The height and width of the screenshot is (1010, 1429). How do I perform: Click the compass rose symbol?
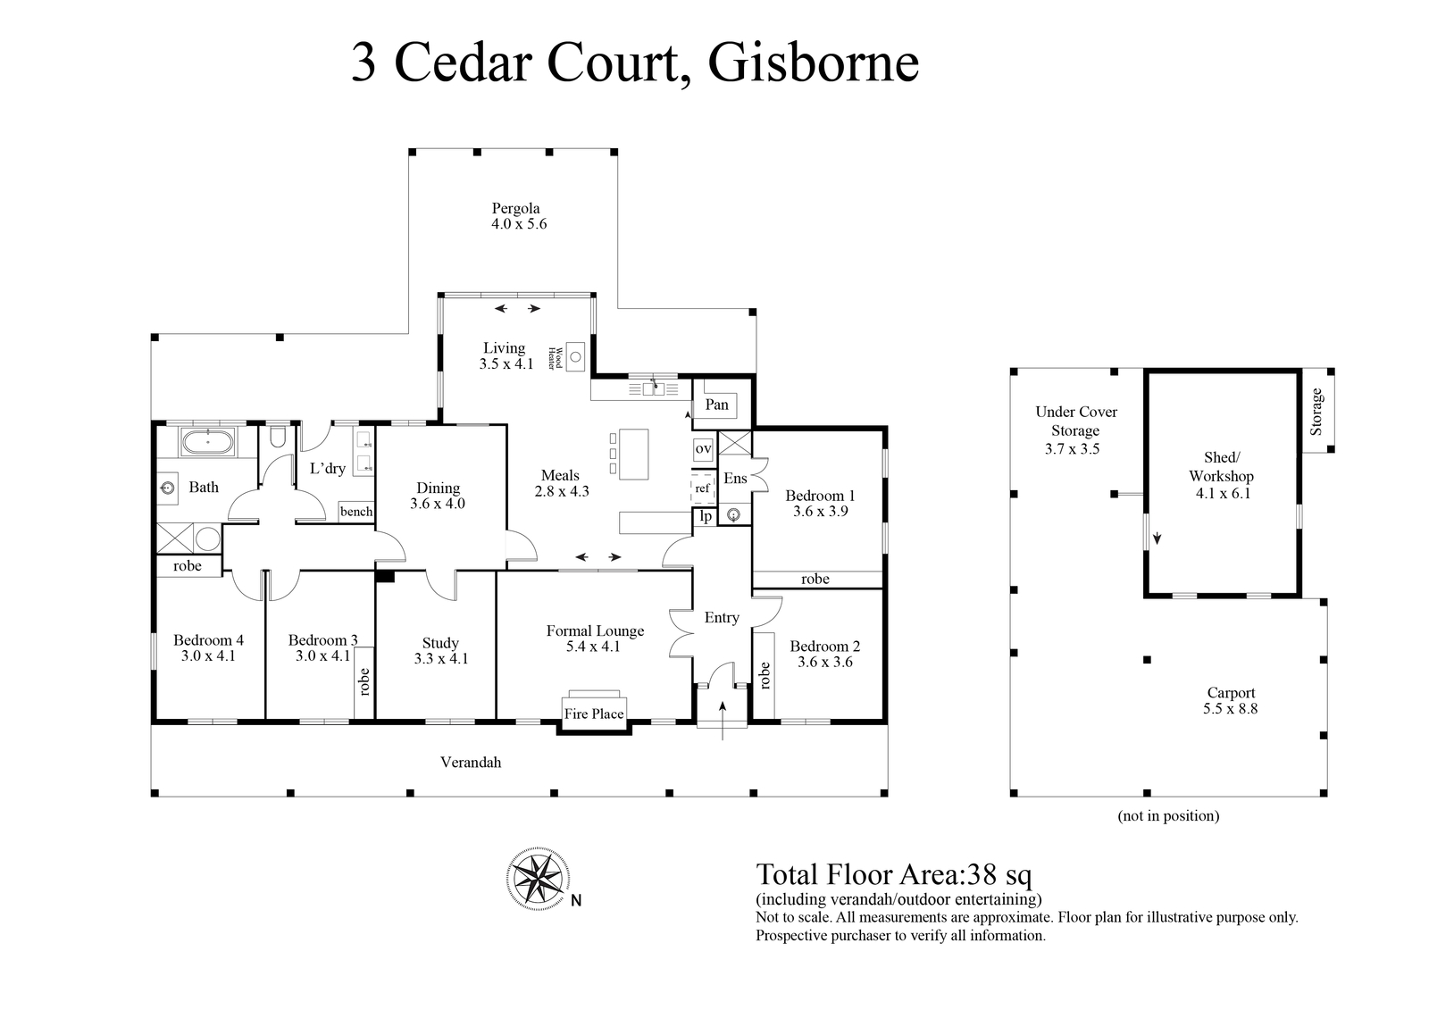538,878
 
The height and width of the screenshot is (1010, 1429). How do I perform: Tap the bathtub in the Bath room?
208,441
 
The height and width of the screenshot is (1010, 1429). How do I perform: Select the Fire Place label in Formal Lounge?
593,714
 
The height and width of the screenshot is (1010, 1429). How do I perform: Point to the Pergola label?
515,208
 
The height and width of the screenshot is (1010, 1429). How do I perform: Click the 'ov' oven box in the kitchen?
703,448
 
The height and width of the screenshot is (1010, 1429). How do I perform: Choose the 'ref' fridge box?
702,488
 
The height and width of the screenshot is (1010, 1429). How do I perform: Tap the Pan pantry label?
716,405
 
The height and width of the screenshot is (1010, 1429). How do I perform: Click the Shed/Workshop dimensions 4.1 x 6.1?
1223,493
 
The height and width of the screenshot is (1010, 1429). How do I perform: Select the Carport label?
1231,692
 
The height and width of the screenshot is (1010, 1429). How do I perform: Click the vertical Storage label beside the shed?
1316,412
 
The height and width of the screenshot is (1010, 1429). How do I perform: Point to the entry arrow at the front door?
723,721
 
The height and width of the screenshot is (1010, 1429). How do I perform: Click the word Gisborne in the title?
814,63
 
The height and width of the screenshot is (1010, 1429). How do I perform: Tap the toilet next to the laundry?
278,437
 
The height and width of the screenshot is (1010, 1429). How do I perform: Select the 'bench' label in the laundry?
356,511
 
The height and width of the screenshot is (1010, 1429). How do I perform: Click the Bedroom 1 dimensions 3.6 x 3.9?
821,511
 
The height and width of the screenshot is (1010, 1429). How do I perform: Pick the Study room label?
440,643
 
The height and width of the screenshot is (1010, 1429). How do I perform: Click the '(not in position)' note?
1168,815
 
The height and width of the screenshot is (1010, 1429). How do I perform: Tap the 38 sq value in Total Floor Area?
999,875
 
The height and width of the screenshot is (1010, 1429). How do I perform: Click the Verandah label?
471,762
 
